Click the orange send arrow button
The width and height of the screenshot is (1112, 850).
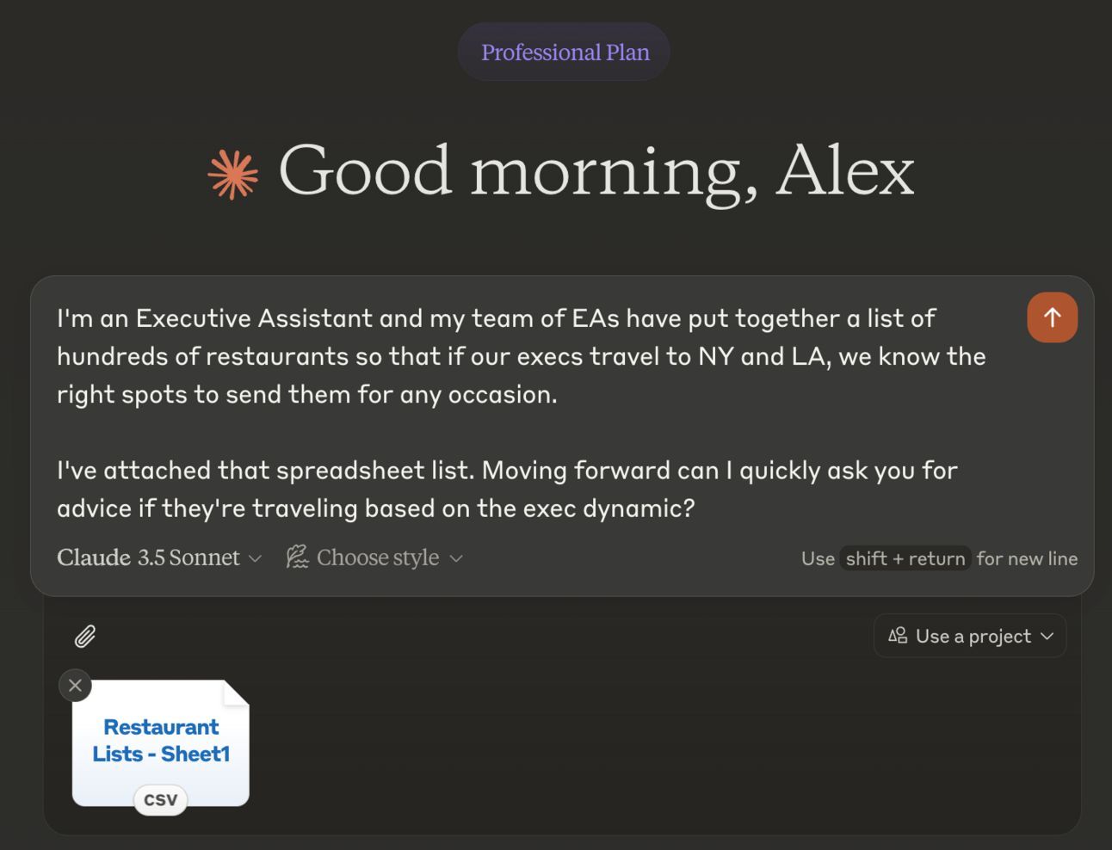coord(1053,317)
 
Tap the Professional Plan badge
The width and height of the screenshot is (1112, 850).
coord(564,52)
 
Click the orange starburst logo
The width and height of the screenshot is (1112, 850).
coord(233,174)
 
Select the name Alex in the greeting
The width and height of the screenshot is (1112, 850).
coord(845,170)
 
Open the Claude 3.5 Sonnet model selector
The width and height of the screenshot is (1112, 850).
coord(159,557)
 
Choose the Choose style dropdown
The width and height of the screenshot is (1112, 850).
coord(375,557)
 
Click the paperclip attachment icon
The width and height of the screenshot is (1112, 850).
coord(85,637)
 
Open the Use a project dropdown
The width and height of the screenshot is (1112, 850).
coord(970,636)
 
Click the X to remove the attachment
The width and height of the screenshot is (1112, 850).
coord(75,686)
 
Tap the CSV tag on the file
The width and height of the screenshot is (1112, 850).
coord(161,800)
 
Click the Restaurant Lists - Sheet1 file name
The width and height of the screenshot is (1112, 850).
coord(161,740)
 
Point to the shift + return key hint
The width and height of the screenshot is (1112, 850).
coord(905,558)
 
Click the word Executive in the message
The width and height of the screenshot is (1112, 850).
coord(194,318)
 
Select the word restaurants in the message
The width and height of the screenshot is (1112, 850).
coord(277,356)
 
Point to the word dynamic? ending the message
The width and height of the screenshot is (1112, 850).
coord(639,509)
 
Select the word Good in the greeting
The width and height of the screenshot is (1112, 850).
coord(365,170)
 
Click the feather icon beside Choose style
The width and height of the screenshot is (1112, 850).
coord(297,557)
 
